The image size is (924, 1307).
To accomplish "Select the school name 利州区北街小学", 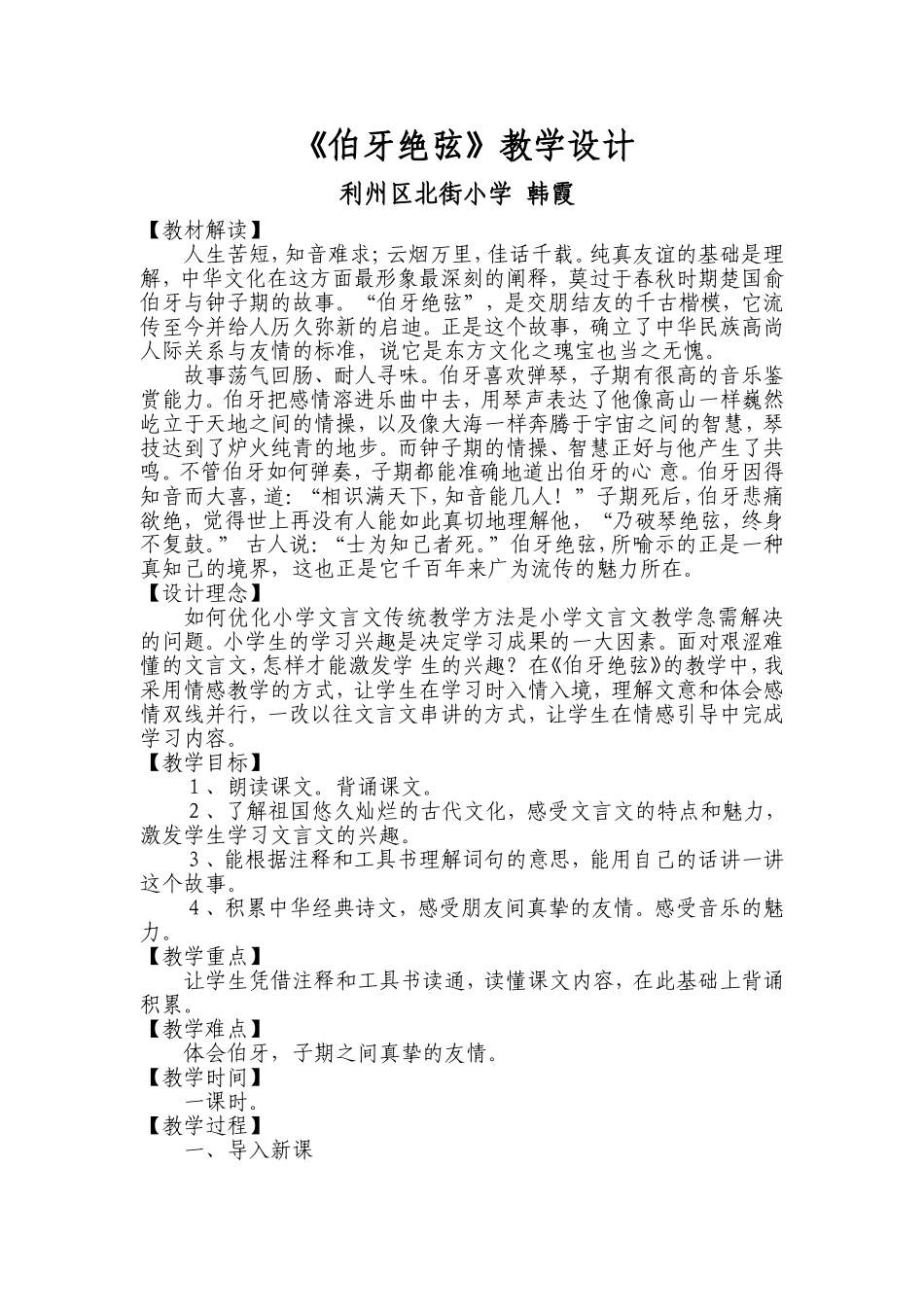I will (425, 195).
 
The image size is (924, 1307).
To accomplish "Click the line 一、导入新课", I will (247, 1151).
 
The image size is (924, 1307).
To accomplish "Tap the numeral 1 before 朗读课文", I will (195, 787).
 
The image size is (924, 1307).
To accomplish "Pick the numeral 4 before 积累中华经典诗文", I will (195, 908).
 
